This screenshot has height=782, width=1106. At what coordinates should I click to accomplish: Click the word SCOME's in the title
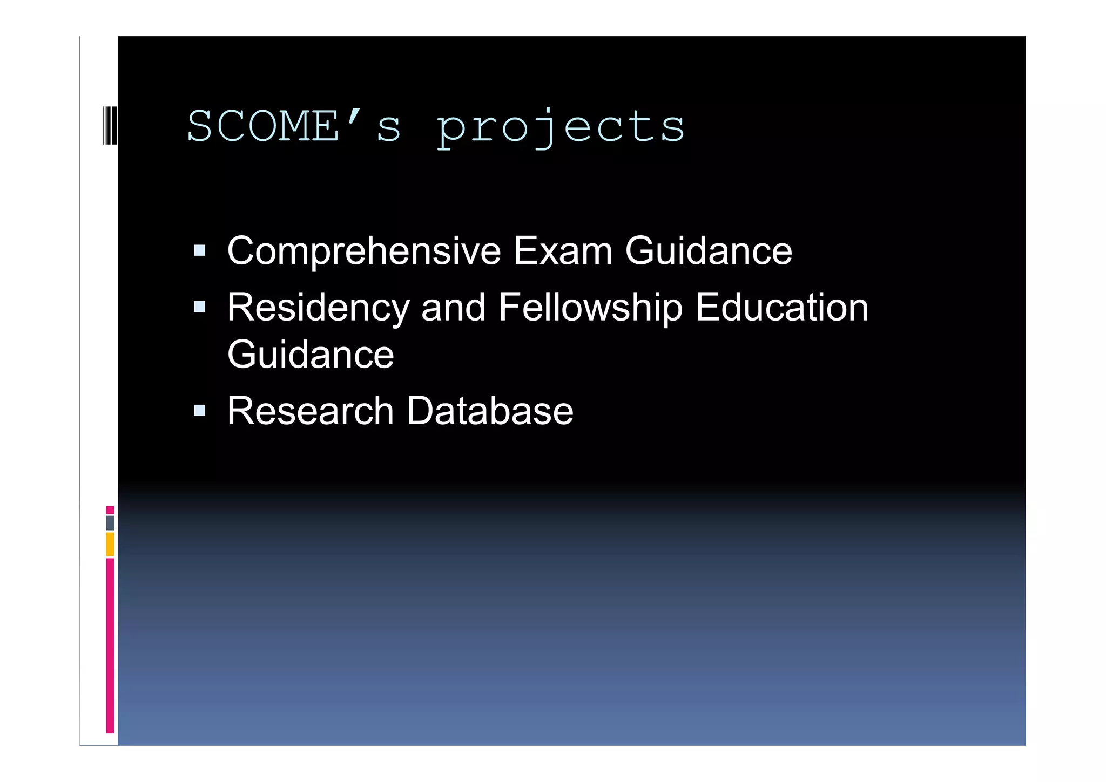[294, 126]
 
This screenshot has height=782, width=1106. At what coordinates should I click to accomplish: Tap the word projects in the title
[561, 127]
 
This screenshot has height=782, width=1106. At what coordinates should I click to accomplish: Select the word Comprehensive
[364, 251]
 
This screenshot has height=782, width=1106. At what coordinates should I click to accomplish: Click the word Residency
[318, 308]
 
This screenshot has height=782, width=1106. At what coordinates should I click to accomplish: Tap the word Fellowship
[590, 308]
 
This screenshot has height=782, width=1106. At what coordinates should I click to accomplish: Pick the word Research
[311, 411]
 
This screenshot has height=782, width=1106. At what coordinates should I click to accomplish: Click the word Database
[489, 411]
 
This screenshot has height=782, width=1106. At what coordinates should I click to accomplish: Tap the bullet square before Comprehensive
[200, 250]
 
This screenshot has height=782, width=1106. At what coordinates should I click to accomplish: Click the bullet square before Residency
[200, 307]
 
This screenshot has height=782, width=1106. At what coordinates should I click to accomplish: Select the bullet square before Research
[200, 411]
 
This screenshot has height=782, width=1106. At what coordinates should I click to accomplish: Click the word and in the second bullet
[453, 307]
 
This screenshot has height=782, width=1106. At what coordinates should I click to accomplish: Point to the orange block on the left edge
[110, 544]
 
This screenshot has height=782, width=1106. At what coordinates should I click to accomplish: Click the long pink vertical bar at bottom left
[110, 645]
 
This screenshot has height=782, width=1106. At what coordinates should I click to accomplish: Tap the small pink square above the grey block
[110, 510]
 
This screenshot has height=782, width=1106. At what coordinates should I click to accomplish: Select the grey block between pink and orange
[110, 523]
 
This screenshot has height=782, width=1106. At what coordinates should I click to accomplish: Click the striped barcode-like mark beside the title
[110, 126]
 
